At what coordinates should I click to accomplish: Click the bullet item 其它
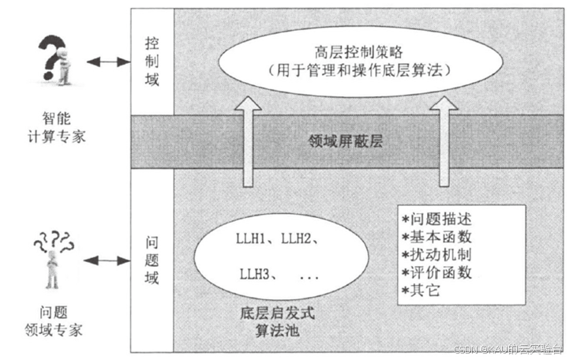coord(431,291)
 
